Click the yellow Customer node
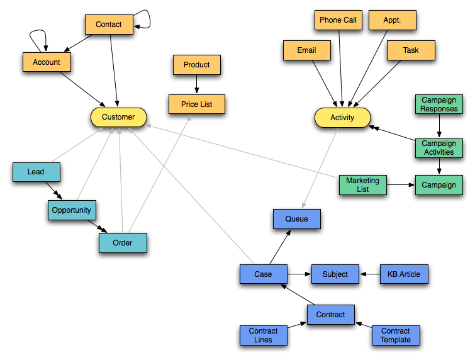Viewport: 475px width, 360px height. [x=118, y=117]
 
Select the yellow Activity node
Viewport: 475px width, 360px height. [x=342, y=118]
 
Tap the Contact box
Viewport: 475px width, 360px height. [x=109, y=25]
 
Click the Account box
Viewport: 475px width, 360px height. [x=47, y=62]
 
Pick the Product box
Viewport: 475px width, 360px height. [x=197, y=65]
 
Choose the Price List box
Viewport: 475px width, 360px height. [x=197, y=104]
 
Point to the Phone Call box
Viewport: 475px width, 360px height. [x=338, y=20]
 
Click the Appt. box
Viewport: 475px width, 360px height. [x=393, y=20]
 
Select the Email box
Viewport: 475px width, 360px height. [x=306, y=50]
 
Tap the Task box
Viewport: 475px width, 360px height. [x=411, y=50]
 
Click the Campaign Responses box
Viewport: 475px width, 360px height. [x=439, y=104]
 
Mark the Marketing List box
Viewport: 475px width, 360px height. [x=363, y=185]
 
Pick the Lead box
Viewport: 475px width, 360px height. [x=36, y=172]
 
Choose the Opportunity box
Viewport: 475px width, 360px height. [x=72, y=210]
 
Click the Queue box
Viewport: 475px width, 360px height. [x=297, y=219]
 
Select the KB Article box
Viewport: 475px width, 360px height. [x=404, y=274]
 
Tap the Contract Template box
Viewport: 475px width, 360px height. [x=396, y=335]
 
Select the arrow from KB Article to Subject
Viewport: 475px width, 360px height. [x=369, y=274]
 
